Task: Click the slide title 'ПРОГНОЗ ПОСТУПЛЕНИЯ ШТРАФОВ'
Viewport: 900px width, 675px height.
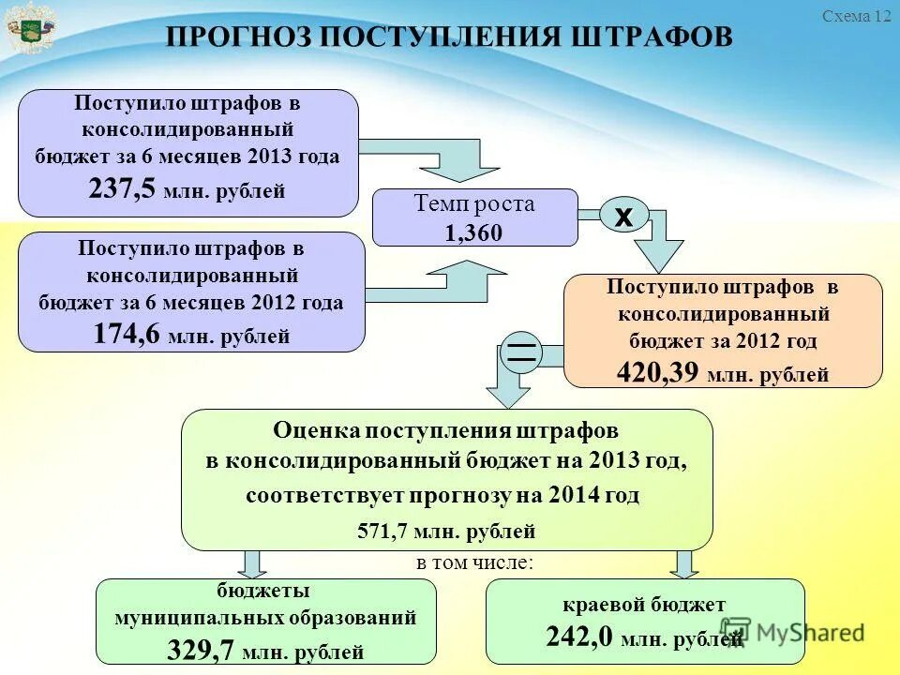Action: point(449,37)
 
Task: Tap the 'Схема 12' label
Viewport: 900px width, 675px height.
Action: point(856,16)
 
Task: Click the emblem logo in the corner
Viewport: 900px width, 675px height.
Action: point(30,28)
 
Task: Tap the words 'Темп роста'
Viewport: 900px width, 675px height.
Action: point(474,204)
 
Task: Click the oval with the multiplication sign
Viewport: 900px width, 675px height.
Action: point(623,216)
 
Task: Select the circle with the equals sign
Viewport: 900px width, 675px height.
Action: point(521,352)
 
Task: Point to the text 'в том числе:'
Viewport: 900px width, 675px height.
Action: point(475,562)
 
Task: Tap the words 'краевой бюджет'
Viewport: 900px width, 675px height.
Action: point(644,605)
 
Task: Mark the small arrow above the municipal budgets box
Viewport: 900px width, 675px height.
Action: point(251,564)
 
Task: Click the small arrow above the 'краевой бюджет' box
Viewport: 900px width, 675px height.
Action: point(685,563)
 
